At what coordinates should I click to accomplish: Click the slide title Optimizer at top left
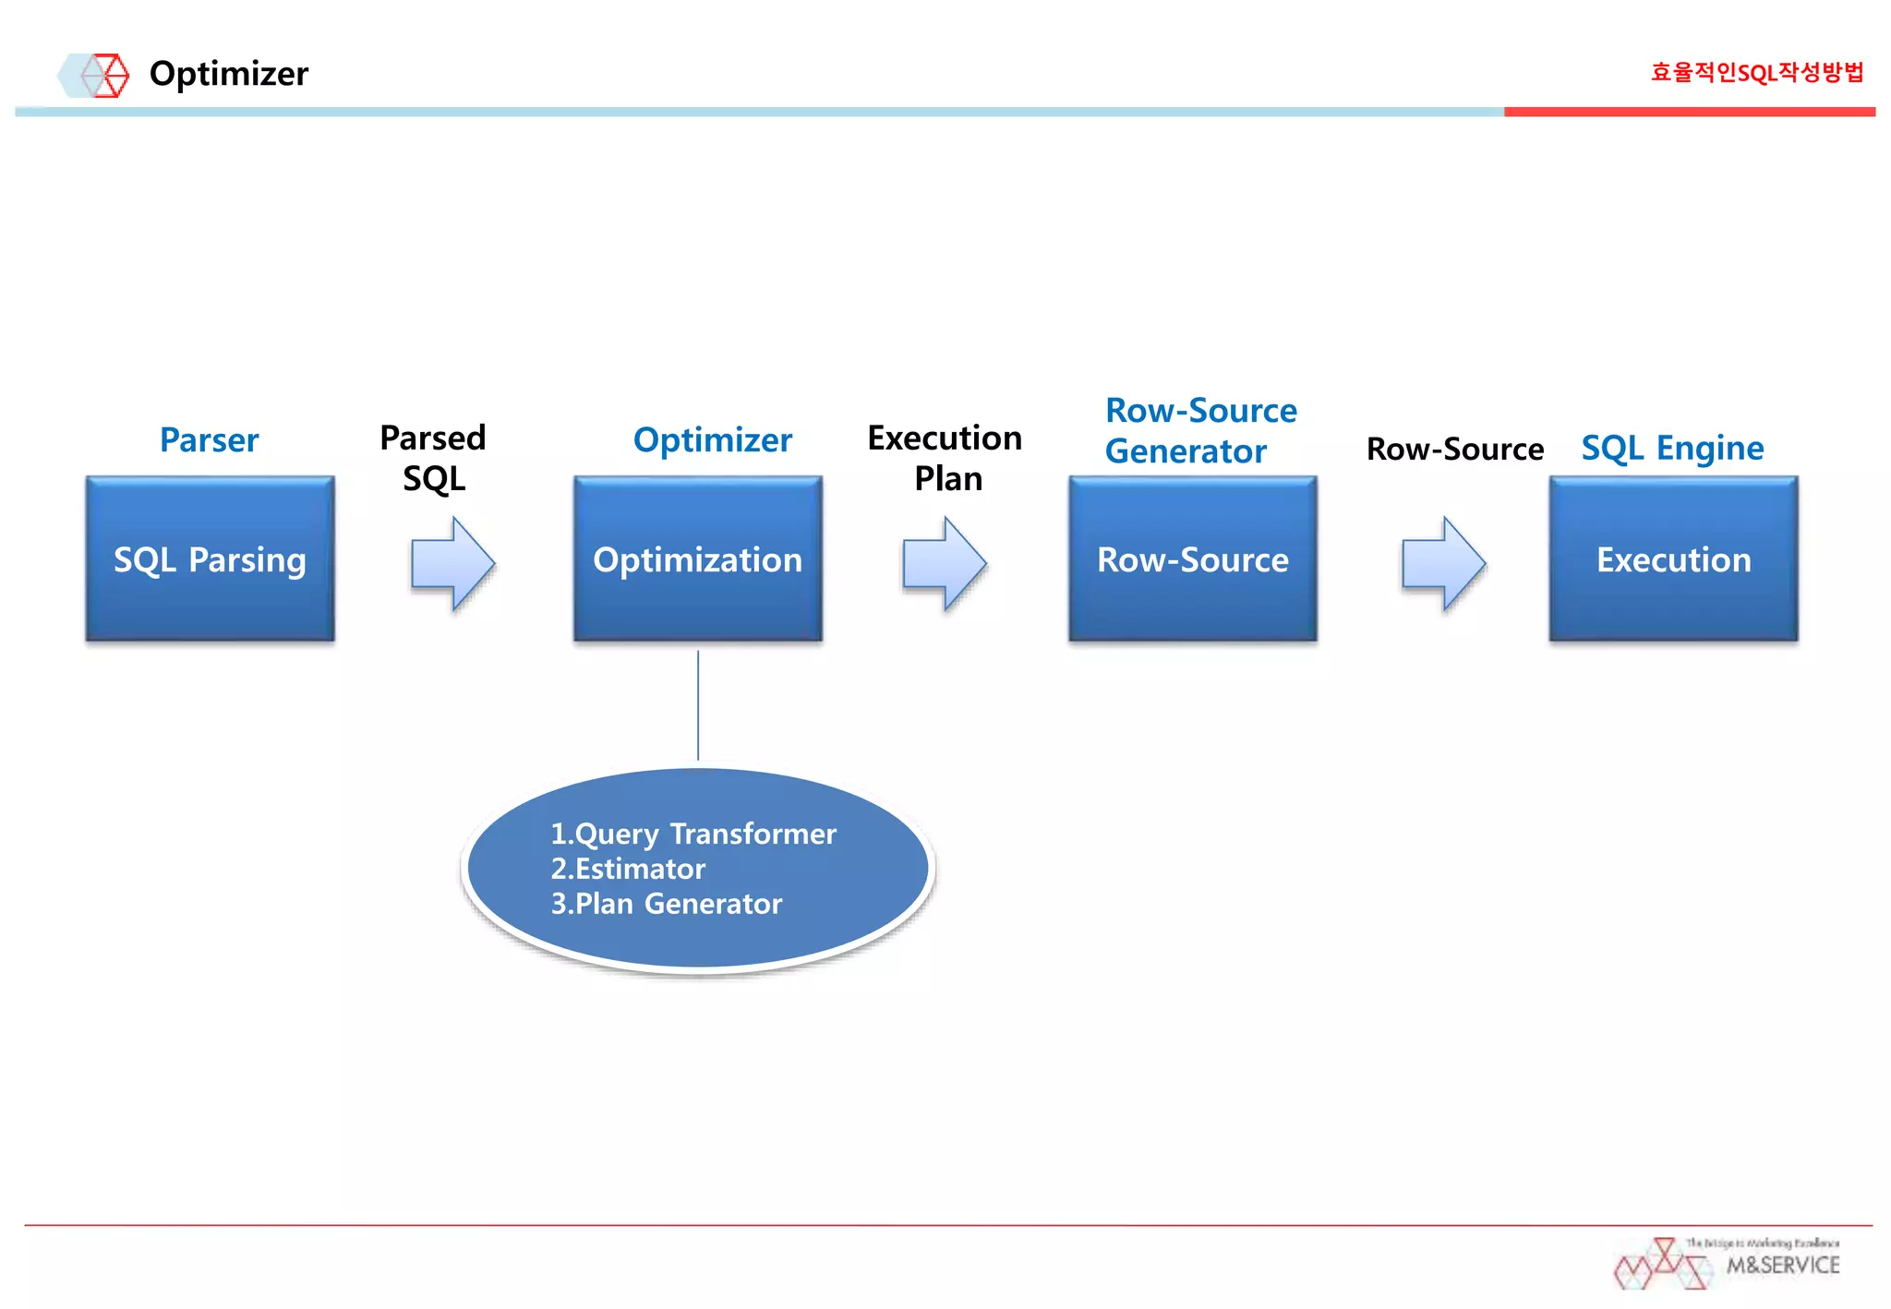(228, 74)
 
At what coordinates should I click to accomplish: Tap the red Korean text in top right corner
(1756, 72)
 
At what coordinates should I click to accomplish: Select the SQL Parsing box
(211, 559)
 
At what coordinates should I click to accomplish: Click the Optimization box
(697, 559)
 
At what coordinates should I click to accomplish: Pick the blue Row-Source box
(1192, 559)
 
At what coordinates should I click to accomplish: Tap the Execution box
(1673, 559)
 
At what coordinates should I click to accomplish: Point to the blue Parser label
(210, 439)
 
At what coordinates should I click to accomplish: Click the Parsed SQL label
(433, 458)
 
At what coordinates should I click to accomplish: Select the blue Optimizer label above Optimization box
(712, 439)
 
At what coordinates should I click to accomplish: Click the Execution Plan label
(945, 458)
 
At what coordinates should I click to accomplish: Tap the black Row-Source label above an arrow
(1454, 449)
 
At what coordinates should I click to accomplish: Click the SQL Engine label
(1672, 448)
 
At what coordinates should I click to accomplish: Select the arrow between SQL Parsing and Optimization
(453, 563)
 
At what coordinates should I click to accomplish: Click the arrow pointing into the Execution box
(1443, 563)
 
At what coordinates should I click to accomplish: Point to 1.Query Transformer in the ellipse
(693, 834)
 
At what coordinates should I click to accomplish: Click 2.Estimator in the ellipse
(628, 869)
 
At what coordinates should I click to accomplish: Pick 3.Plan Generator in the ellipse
(667, 903)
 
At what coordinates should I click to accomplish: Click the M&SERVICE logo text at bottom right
(1782, 1265)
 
